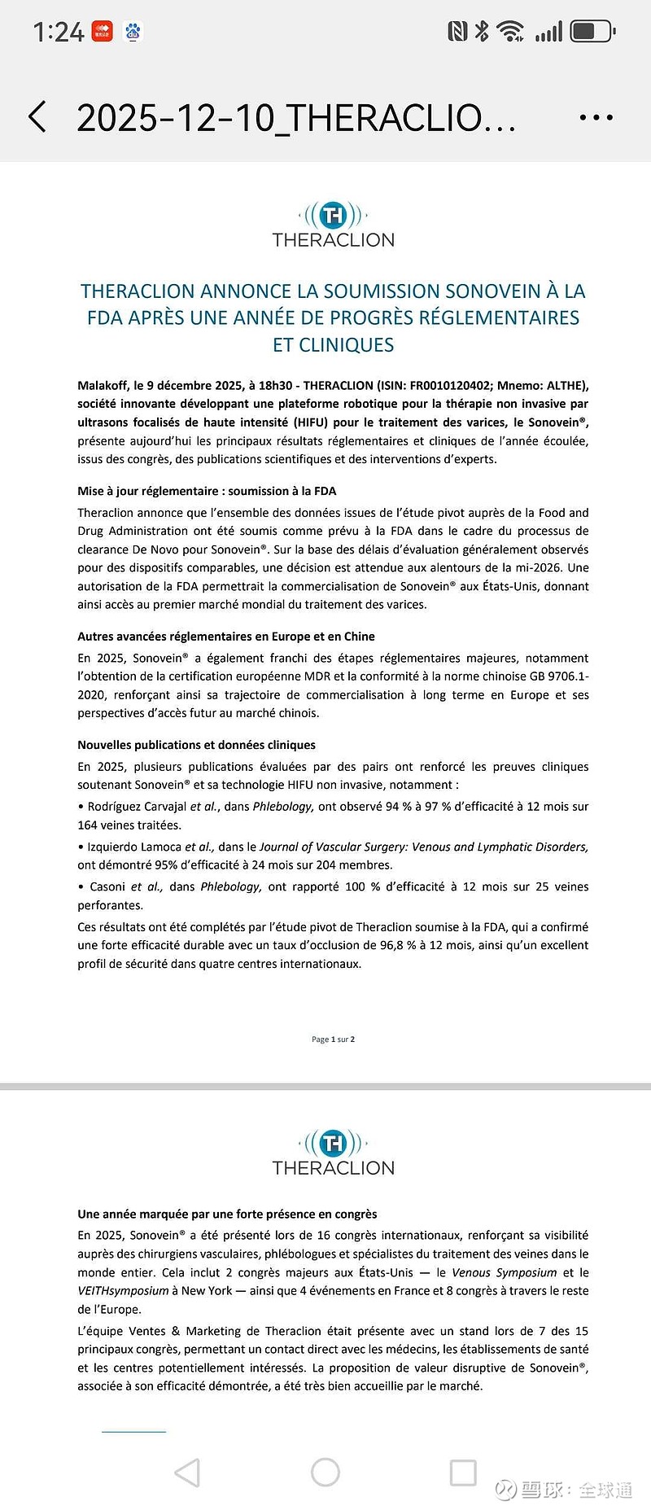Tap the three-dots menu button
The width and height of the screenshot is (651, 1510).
coord(596,118)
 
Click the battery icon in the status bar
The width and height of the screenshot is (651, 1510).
coord(592,32)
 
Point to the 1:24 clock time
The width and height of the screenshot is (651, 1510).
coord(59,33)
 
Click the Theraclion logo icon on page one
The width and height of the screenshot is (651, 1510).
coord(334,216)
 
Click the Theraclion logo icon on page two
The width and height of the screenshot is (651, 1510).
coord(334,1144)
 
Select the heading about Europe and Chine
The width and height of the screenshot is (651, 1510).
coord(226,637)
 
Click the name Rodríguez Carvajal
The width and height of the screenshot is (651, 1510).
coord(138,807)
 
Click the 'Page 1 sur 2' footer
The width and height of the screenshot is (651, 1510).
coord(333,1039)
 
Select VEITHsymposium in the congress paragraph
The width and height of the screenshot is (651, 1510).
coord(123,1291)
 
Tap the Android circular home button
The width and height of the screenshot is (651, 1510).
coord(325,1472)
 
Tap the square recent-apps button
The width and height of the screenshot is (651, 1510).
coord(463,1472)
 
